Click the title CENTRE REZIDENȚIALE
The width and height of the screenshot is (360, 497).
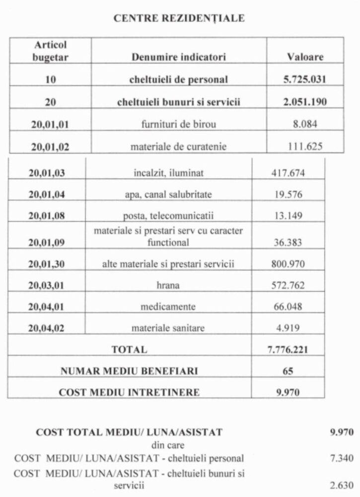[179, 18]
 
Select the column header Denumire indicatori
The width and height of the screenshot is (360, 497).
[179, 57]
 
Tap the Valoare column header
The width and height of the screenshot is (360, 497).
[305, 57]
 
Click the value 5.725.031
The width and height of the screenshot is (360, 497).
[305, 80]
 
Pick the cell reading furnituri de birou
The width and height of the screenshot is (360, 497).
[179, 124]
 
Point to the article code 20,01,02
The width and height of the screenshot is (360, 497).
[50, 147]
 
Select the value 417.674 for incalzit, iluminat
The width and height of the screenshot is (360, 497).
[288, 173]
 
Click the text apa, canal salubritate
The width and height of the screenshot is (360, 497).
[168, 195]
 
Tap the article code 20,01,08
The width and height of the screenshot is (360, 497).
[47, 216]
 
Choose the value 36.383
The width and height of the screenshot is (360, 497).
[288, 243]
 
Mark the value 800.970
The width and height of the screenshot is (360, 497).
[288, 264]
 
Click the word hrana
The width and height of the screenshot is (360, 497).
[168, 286]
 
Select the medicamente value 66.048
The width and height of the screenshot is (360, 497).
[288, 307]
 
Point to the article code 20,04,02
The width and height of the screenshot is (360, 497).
[47, 328]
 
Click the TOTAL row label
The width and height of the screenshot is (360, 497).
[129, 349]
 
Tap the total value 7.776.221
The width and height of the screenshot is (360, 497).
[288, 349]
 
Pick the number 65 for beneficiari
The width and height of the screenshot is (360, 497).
[288, 371]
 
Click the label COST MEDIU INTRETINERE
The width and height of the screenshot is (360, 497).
[129, 393]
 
